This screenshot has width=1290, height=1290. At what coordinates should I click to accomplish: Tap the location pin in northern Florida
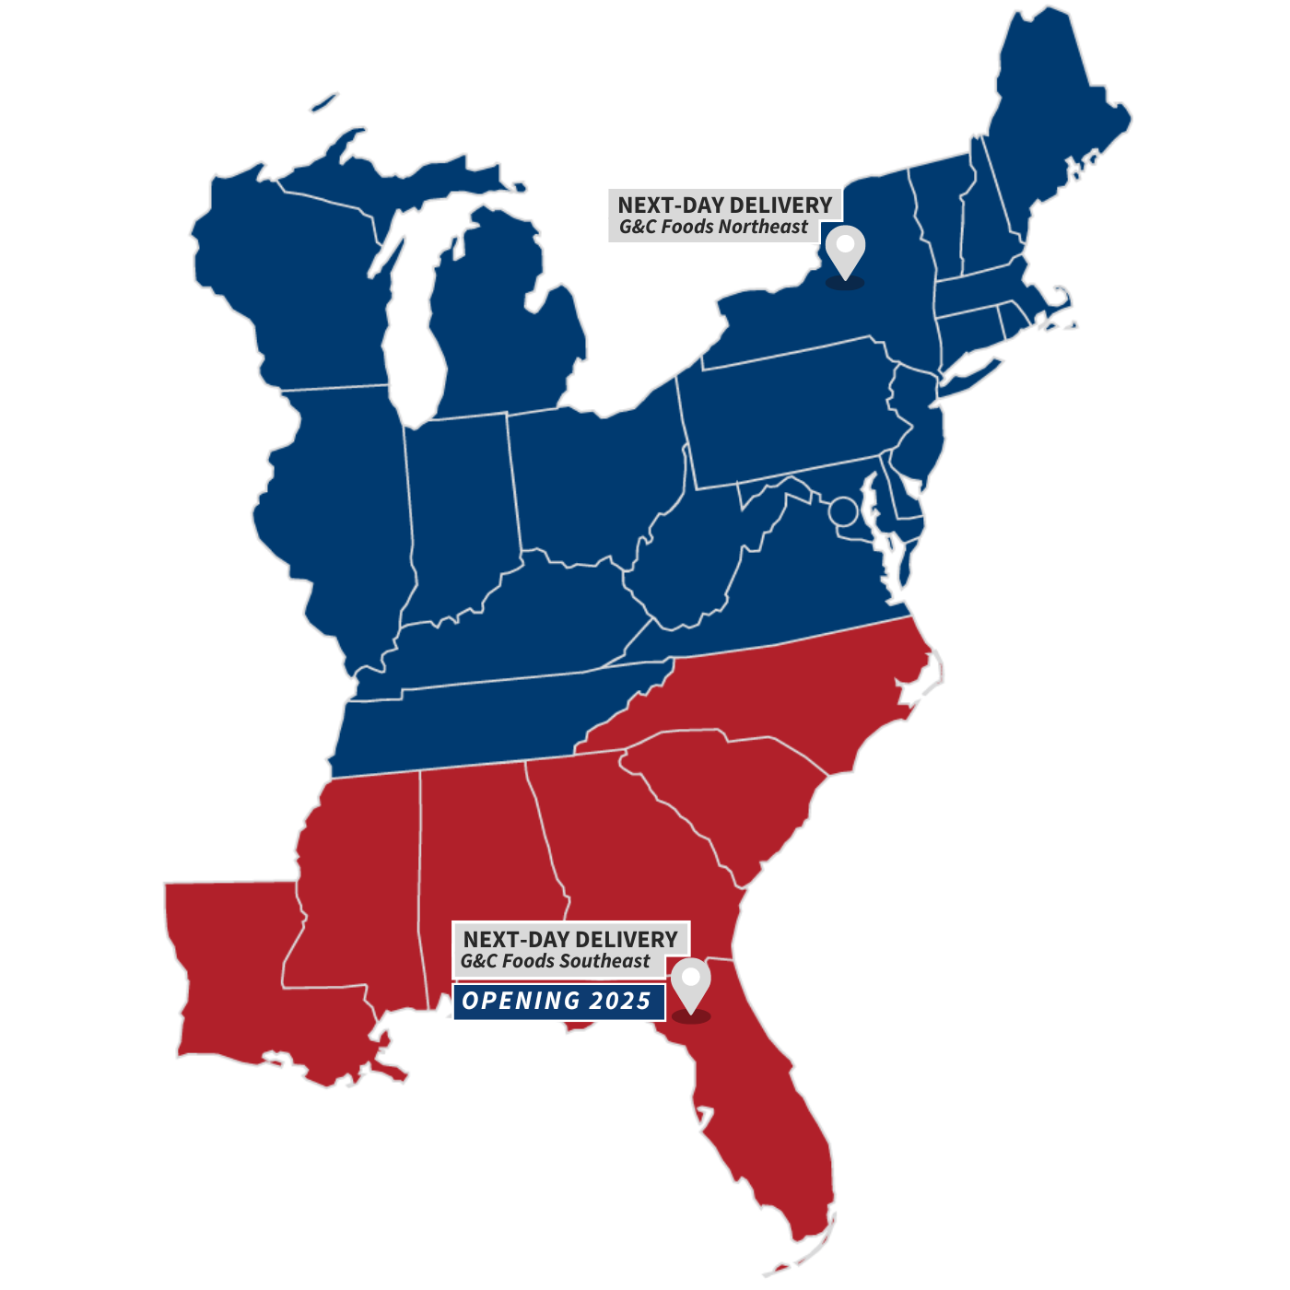point(690,983)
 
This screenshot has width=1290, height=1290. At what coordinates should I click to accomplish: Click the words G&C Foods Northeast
point(713,228)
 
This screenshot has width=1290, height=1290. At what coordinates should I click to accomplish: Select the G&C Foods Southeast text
point(555,962)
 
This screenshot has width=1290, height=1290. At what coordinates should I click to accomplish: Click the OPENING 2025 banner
point(557,1001)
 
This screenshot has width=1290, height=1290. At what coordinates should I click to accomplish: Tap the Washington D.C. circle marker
point(842,510)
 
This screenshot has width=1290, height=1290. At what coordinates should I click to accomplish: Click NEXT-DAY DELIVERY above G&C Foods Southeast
point(569,939)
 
